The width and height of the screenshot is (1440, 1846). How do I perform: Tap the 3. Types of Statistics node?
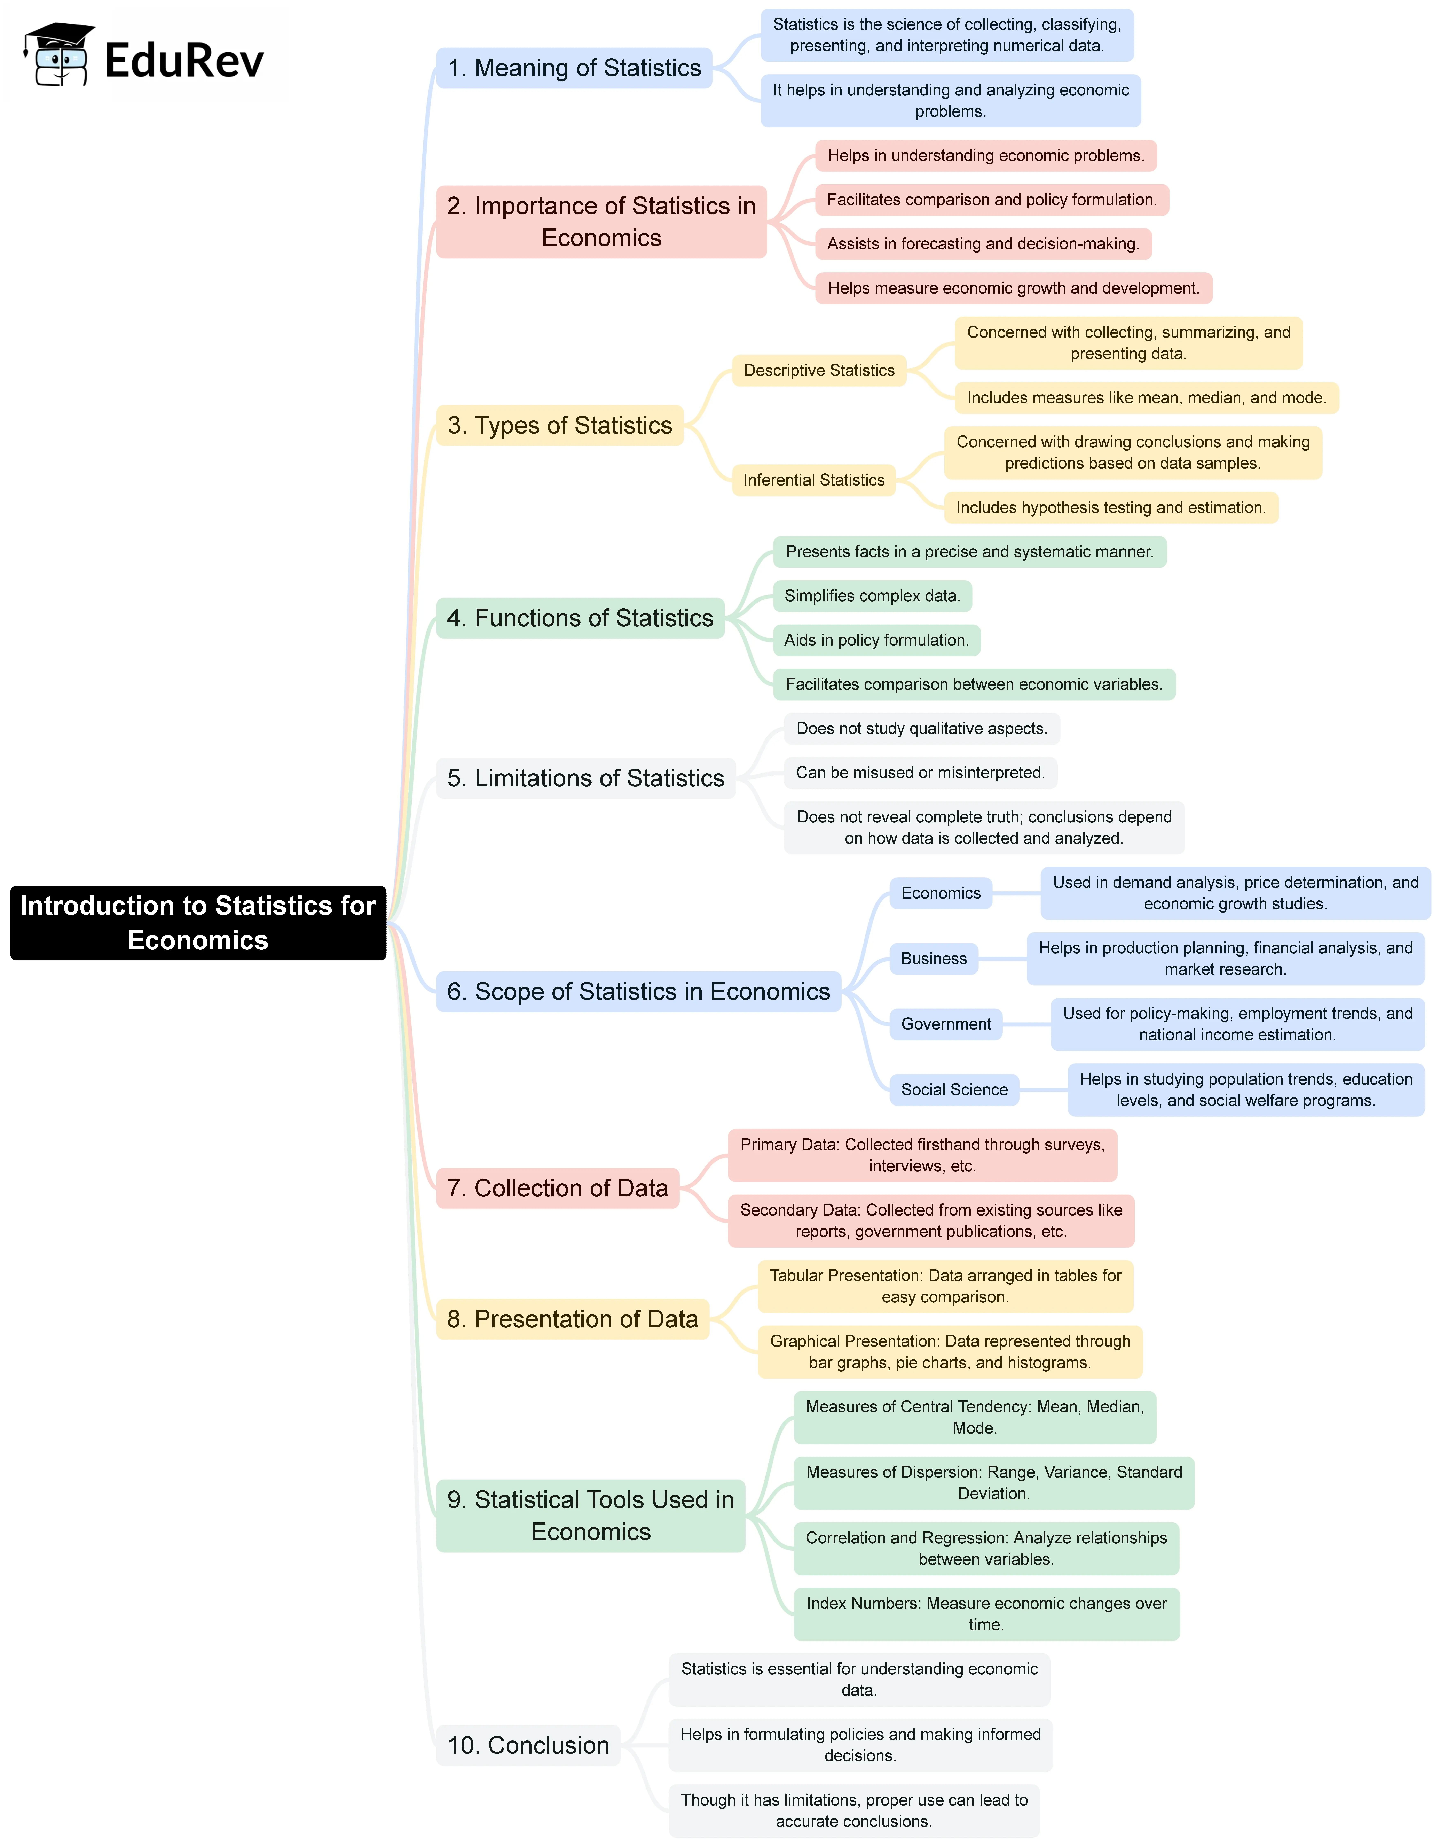[x=559, y=425]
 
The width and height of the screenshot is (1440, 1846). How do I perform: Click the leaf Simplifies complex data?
[x=872, y=596]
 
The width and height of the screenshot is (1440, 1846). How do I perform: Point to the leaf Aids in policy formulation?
[x=876, y=640]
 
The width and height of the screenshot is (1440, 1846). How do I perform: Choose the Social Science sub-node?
[x=954, y=1089]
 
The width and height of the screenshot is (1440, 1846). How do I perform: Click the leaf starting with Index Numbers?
[x=986, y=1614]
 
